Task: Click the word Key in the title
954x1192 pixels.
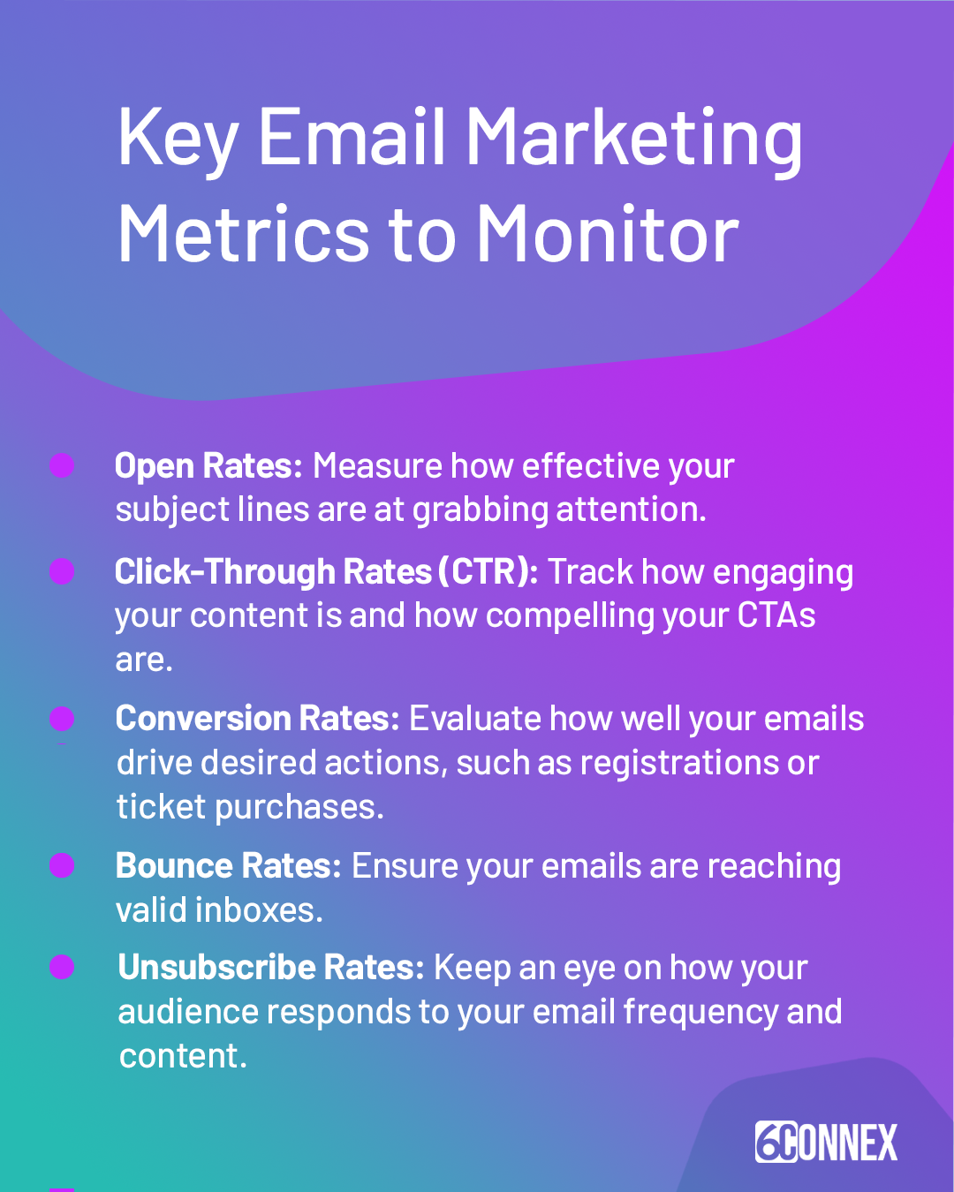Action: [178, 140]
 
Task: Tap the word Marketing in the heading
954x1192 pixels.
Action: [633, 140]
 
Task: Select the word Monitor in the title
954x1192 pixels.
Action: [608, 235]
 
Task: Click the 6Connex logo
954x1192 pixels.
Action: [826, 1142]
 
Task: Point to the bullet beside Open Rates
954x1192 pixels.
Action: [62, 465]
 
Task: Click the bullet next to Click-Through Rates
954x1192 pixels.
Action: [62, 571]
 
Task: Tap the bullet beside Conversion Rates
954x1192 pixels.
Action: [62, 719]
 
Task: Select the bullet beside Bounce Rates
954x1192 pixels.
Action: [62, 865]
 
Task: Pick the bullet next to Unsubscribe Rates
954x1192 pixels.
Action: [62, 968]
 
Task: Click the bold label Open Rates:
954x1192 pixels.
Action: [208, 466]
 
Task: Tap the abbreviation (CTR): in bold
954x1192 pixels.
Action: [488, 572]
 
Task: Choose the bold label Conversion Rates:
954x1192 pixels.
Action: [257, 719]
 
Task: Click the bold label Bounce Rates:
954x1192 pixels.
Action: [228, 866]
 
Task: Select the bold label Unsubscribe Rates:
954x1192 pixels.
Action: [271, 968]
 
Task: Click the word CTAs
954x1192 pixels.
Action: [776, 615]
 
